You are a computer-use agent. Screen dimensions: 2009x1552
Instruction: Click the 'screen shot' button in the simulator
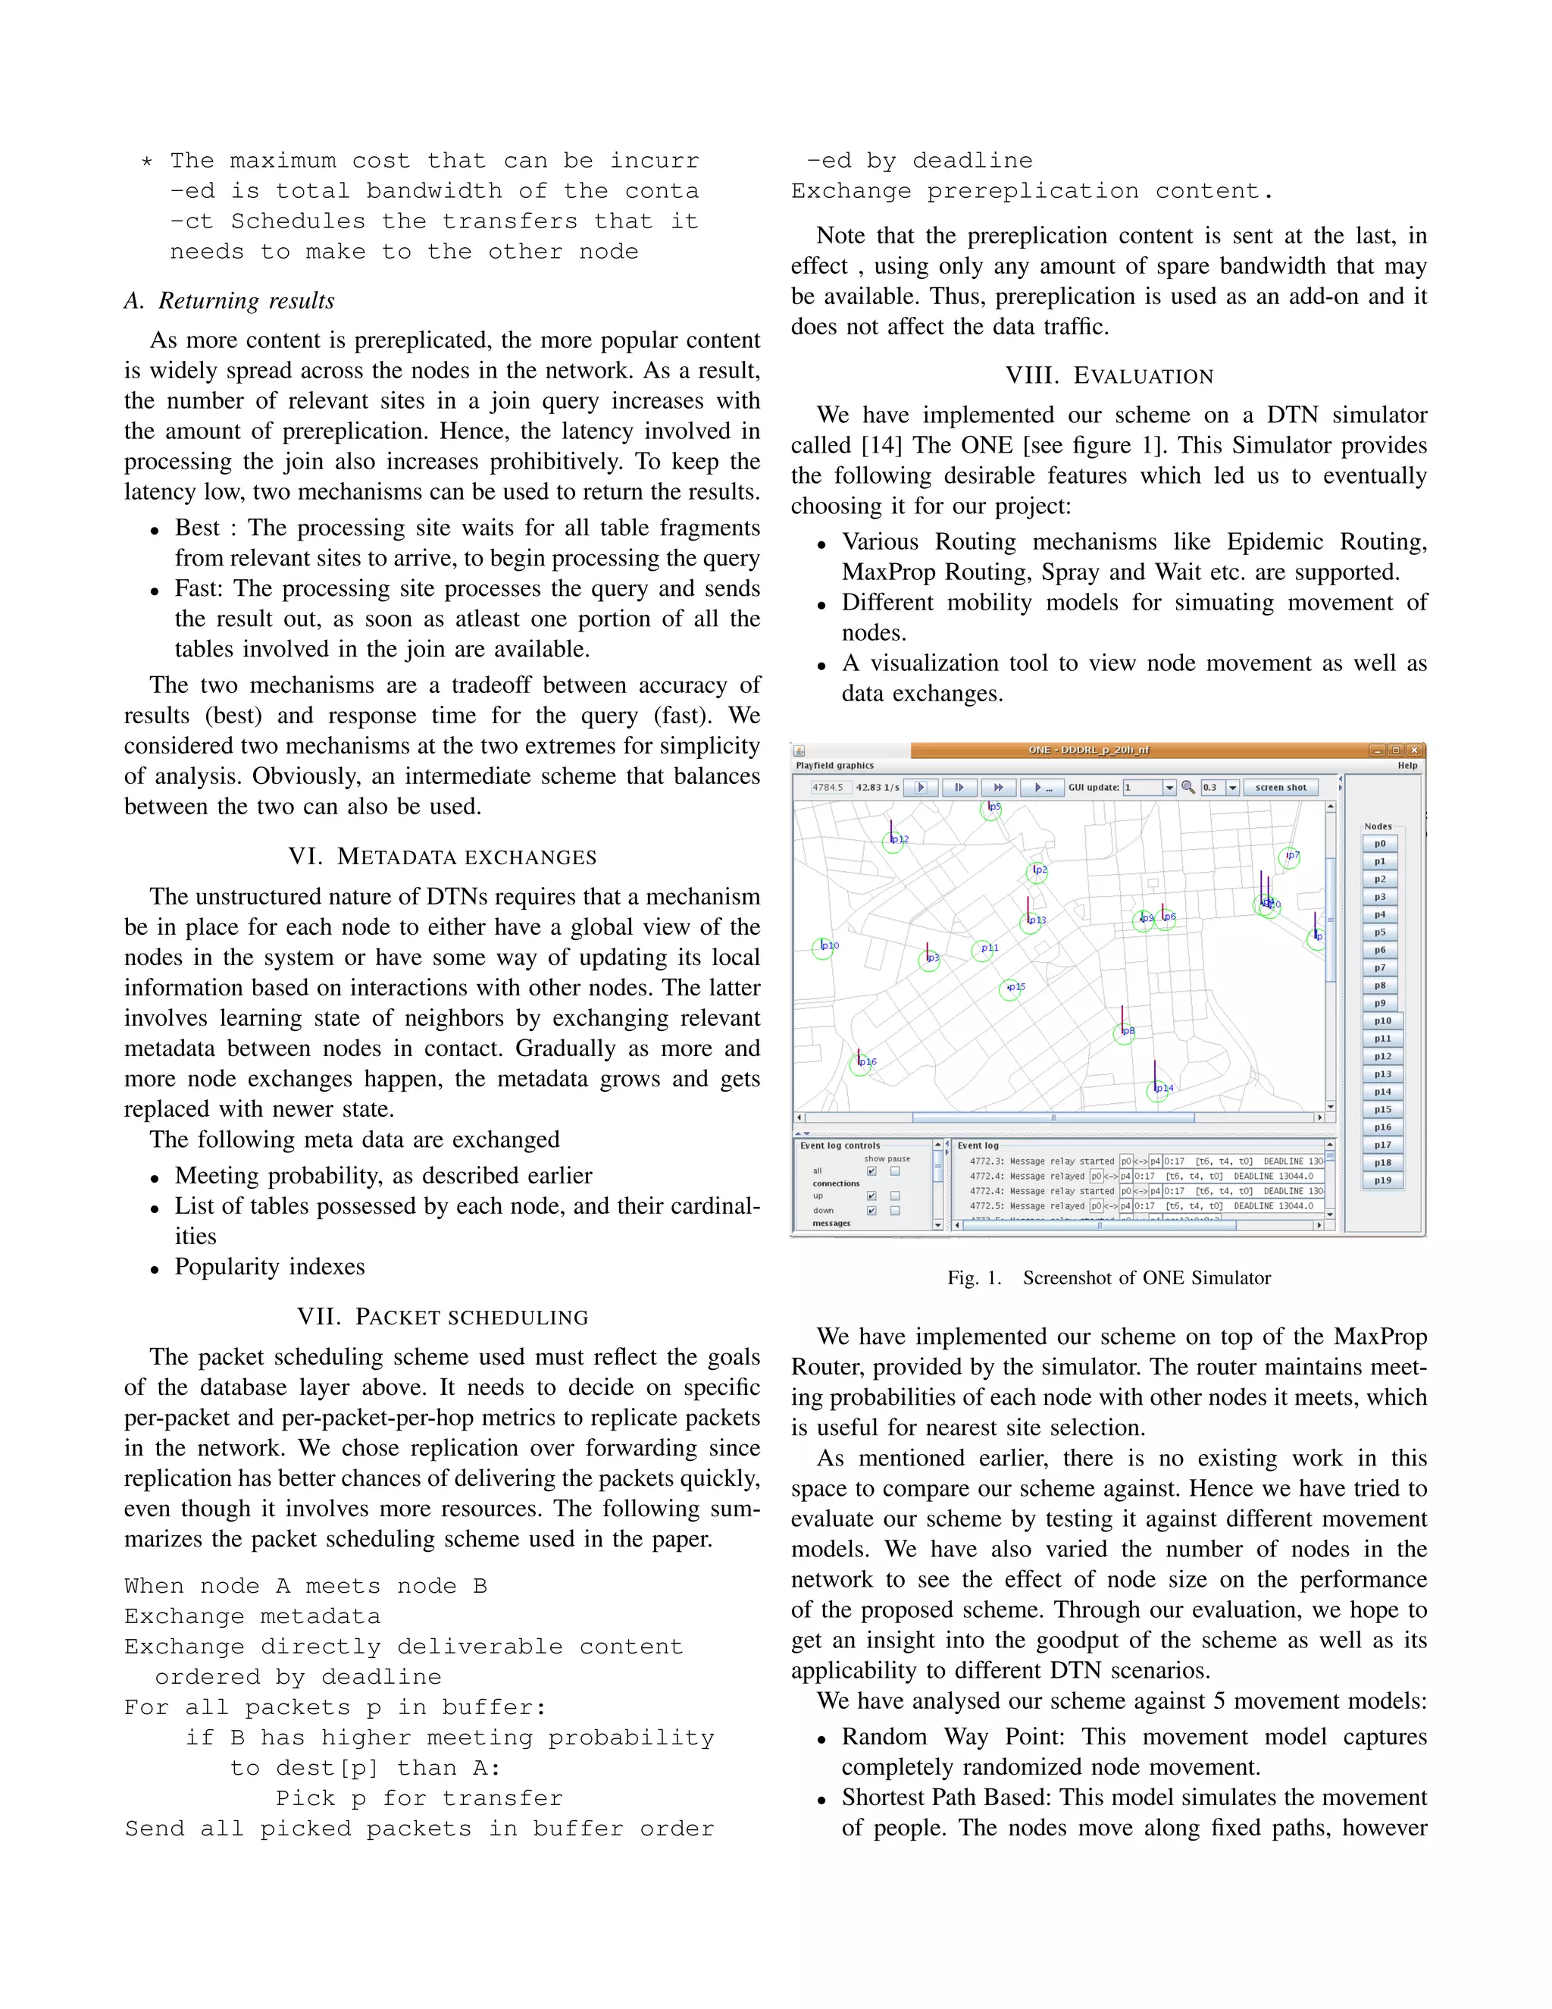pyautogui.click(x=1280, y=788)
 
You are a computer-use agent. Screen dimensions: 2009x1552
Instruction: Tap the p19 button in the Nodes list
pyautogui.click(x=1382, y=1180)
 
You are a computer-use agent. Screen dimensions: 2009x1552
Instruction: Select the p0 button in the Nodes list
pyautogui.click(x=1380, y=844)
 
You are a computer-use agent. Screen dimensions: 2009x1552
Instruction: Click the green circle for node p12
pyautogui.click(x=893, y=841)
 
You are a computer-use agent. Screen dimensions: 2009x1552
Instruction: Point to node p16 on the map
pyautogui.click(x=862, y=1064)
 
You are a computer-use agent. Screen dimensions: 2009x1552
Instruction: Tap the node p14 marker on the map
pyautogui.click(x=1158, y=1090)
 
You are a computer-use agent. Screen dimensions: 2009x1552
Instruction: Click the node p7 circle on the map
pyautogui.click(x=1290, y=857)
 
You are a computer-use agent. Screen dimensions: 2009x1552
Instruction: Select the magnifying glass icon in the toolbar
pyautogui.click(x=1188, y=788)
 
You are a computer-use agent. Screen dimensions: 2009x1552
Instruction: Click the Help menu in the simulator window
pyautogui.click(x=1406, y=766)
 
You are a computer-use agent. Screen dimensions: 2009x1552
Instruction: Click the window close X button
pyautogui.click(x=1415, y=750)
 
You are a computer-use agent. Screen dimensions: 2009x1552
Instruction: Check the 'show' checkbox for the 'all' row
pyautogui.click(x=871, y=1171)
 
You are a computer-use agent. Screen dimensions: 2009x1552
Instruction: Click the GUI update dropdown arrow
pyautogui.click(x=1169, y=788)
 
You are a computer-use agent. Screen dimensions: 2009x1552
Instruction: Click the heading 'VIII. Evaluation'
pyautogui.click(x=1109, y=376)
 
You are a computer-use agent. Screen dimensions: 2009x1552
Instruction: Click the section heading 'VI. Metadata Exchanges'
pyautogui.click(x=443, y=857)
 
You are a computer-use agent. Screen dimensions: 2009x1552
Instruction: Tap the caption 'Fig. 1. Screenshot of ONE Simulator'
pyautogui.click(x=1109, y=1277)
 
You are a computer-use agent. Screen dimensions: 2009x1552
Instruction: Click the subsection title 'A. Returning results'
pyautogui.click(x=229, y=301)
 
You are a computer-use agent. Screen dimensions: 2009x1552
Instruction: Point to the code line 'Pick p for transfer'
pyautogui.click(x=418, y=1798)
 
